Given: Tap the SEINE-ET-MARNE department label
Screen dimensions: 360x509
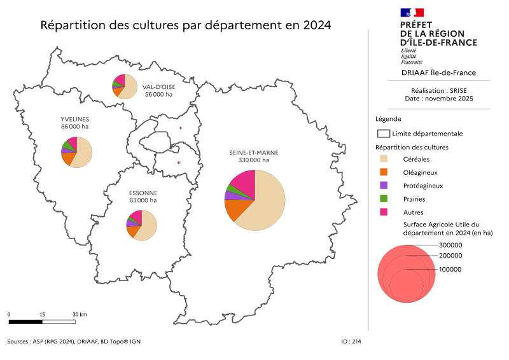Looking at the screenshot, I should [254, 153].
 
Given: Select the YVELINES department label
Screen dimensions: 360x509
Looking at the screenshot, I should [74, 119].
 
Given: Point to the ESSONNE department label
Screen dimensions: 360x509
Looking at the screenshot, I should [143, 193].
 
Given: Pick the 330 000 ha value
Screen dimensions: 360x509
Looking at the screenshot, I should [254, 160].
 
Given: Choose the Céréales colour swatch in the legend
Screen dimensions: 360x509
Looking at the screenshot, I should [384, 159].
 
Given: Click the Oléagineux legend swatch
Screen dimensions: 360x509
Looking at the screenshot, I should [384, 172].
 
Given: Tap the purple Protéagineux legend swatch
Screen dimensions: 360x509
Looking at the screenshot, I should [384, 186].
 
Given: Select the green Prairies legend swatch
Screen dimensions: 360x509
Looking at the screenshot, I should [384, 199].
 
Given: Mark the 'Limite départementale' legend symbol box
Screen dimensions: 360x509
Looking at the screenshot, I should [383, 134].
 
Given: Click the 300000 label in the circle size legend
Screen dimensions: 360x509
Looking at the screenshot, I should [450, 245].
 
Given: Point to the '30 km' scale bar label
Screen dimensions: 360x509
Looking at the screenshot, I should [80, 315].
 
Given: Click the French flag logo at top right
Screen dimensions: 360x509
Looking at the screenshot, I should [412, 12].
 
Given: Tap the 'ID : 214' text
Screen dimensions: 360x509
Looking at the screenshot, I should [351, 342].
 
